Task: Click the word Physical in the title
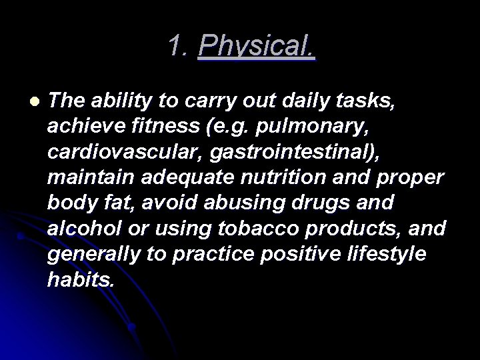click(x=257, y=46)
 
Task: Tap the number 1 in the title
click(x=175, y=45)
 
